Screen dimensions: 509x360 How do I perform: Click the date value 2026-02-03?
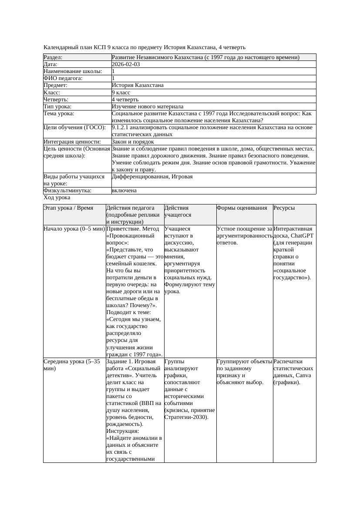click(x=126, y=64)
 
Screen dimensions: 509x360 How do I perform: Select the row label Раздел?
click(x=53, y=57)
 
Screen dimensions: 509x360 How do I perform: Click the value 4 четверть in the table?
click(x=125, y=100)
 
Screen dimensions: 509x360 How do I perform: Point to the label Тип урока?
click(x=58, y=107)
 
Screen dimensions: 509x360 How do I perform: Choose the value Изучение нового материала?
click(x=148, y=107)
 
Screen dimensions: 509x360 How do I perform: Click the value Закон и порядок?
click(x=133, y=142)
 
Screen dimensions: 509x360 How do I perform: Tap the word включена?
click(x=124, y=191)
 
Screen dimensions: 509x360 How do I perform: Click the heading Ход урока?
click(x=57, y=198)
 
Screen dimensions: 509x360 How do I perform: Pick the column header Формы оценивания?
click(x=242, y=208)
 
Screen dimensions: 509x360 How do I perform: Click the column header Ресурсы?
click(x=284, y=208)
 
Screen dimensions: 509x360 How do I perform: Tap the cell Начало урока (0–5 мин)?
click(x=74, y=228)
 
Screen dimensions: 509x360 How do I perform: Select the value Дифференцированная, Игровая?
click(x=152, y=177)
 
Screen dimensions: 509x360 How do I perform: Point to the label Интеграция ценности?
click(x=72, y=142)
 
